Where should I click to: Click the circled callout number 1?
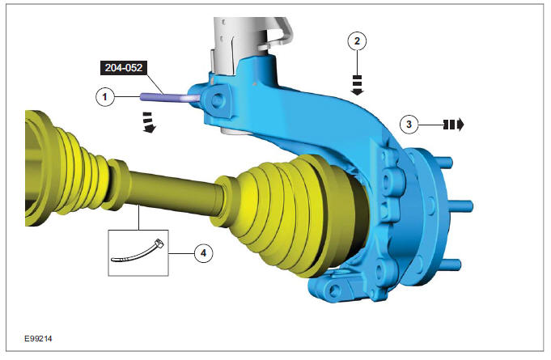[x=104, y=96]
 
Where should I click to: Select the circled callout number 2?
[x=357, y=41]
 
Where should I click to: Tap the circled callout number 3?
[x=409, y=125]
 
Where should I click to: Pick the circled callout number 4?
[x=204, y=253]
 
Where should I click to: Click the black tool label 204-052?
[x=124, y=68]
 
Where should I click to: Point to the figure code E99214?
[x=38, y=339]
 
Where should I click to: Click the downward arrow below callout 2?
[x=358, y=85]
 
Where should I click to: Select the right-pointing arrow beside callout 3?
[x=454, y=125]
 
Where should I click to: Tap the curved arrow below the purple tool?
[x=149, y=123]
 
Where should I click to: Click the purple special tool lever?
[x=168, y=97]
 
